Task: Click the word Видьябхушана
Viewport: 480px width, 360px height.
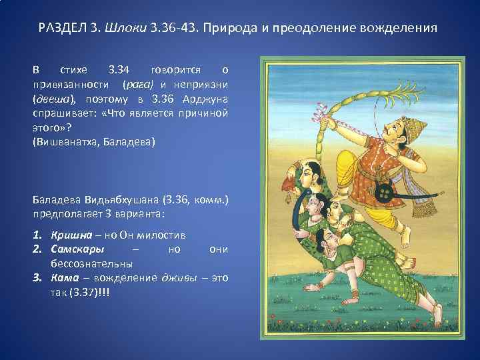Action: [x=111, y=201]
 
